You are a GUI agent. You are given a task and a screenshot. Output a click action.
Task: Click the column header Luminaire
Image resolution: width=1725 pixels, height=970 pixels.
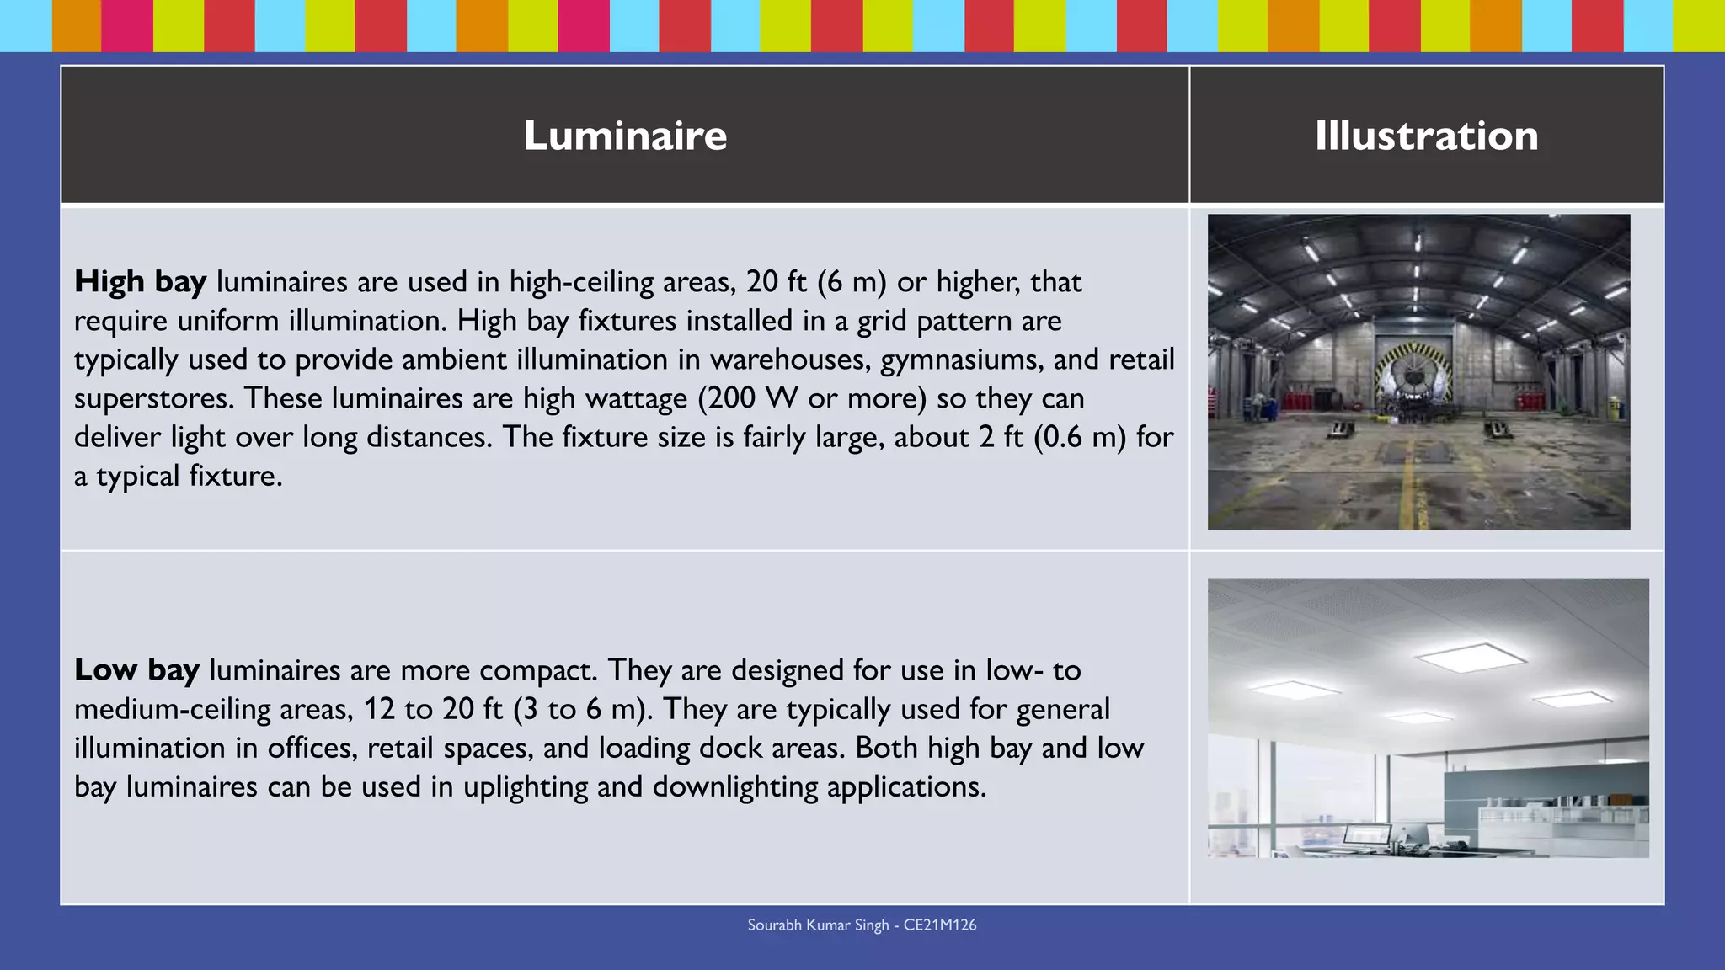625,136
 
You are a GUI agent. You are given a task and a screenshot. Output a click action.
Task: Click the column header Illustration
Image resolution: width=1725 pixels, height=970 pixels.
1426,136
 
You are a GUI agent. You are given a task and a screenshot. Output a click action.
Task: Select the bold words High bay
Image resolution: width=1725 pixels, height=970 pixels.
140,281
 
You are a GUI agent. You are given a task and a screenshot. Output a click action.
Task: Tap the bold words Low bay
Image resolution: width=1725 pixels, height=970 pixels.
136,670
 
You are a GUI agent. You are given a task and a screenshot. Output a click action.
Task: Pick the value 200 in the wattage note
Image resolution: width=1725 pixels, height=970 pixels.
731,398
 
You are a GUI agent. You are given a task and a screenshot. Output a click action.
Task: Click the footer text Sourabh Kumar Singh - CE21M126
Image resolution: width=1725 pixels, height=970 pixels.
862,925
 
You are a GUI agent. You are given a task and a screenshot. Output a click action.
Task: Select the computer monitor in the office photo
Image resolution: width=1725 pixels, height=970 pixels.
1366,835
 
